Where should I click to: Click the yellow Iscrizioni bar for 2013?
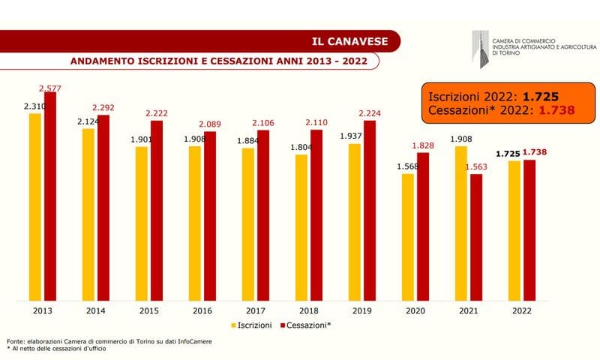click(x=35, y=207)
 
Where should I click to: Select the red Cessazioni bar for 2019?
click(x=370, y=211)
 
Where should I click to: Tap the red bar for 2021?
click(x=476, y=237)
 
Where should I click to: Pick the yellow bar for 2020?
click(x=408, y=237)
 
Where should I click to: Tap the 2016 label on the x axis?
click(x=202, y=310)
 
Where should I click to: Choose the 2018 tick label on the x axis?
click(x=309, y=310)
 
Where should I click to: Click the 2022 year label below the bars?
click(x=522, y=310)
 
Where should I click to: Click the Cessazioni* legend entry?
click(x=306, y=326)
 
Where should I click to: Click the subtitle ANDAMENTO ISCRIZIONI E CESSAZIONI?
click(x=218, y=61)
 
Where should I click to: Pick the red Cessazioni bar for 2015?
click(x=156, y=211)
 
